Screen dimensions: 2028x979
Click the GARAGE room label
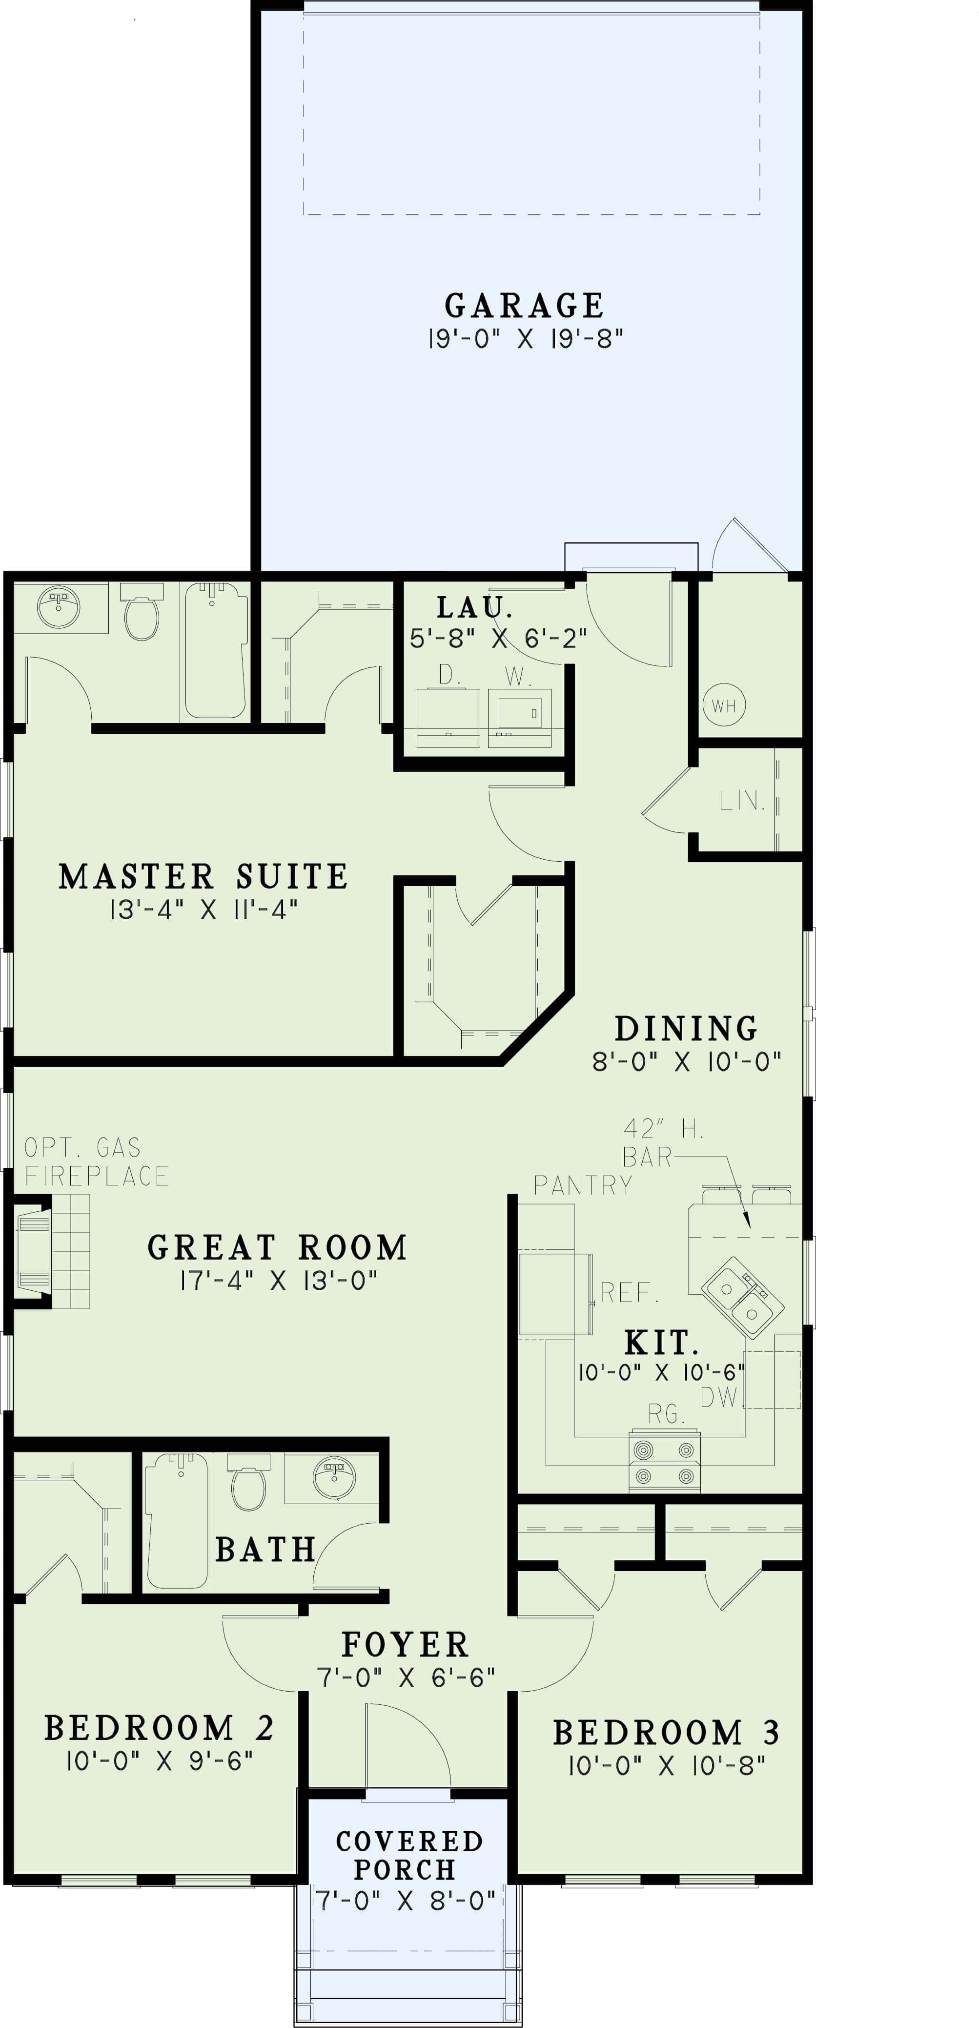point(524,306)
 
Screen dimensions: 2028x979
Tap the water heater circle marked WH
point(724,705)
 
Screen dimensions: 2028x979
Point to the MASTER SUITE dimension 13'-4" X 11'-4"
point(204,910)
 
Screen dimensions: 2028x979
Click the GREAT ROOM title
point(278,1248)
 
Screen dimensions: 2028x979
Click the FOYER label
point(405,1645)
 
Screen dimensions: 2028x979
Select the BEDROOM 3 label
point(666,1733)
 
